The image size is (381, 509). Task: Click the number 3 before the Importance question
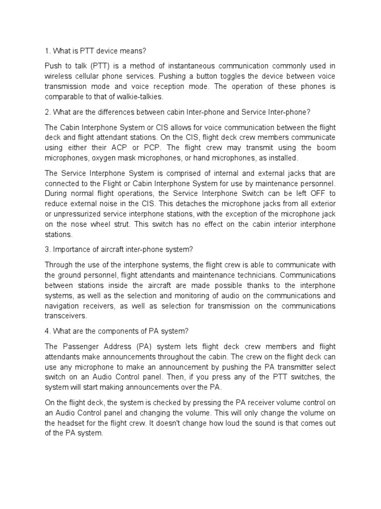pos(47,249)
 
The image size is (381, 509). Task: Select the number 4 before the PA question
pos(47,331)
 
